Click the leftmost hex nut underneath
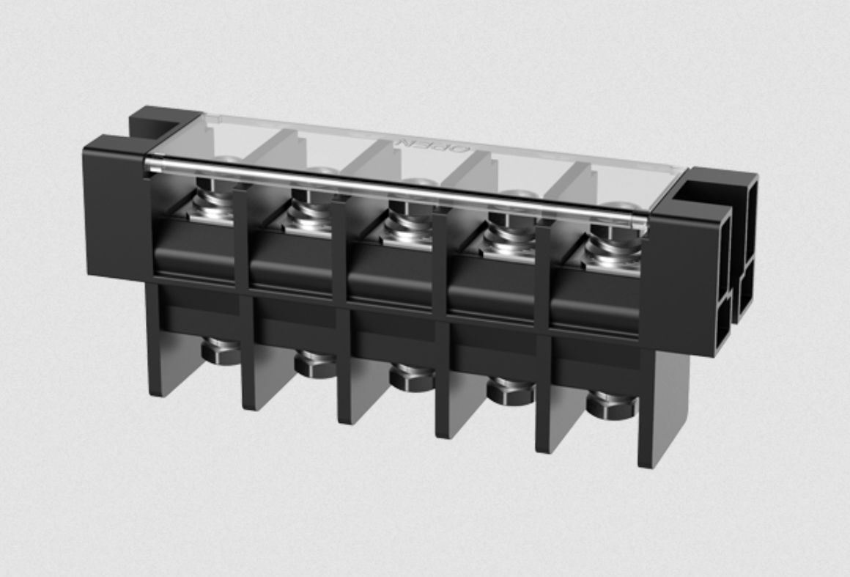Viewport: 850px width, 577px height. tap(221, 350)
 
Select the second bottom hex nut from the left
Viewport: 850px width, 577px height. tap(315, 364)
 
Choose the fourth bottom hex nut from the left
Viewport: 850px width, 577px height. tap(511, 390)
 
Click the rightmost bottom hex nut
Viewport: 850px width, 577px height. tap(610, 404)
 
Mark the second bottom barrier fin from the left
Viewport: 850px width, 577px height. tap(256, 374)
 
